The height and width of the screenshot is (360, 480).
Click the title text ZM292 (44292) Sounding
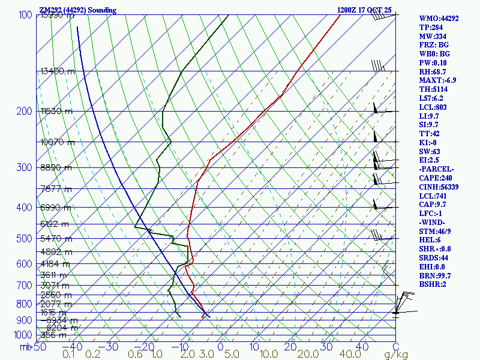77,10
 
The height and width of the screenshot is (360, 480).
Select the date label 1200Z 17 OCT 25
364,10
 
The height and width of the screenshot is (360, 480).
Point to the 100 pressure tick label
25,14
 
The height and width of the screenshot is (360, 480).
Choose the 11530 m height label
56,111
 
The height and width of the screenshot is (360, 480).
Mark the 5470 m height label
56,239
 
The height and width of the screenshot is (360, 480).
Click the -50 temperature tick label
40,346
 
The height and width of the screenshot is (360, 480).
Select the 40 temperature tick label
362,346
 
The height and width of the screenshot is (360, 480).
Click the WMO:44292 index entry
439,19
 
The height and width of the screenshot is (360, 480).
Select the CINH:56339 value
439,187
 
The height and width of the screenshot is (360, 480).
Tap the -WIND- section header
433,223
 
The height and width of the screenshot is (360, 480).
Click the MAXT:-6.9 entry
437,80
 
